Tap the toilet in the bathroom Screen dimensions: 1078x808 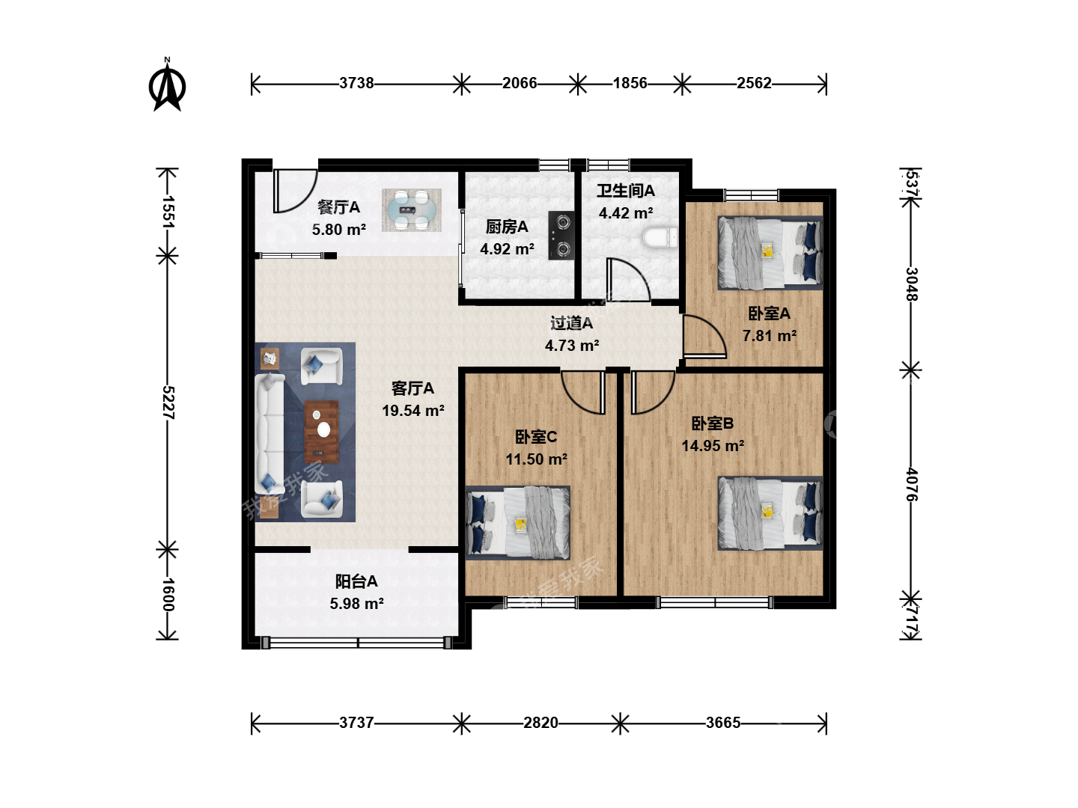click(660, 238)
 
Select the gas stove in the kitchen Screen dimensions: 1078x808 click(561, 236)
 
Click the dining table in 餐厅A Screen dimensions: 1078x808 click(412, 210)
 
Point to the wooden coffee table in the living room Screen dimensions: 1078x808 click(322, 432)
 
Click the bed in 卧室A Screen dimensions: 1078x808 click(770, 253)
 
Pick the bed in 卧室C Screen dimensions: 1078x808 click(517, 522)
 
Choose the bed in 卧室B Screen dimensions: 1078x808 click(770, 512)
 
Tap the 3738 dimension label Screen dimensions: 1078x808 click(356, 83)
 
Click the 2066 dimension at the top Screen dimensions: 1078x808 click(520, 83)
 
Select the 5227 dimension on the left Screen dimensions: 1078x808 click(168, 403)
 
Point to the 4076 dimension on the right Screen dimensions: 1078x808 click(912, 484)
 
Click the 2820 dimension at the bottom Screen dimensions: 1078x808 click(540, 723)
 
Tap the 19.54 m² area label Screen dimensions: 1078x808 click(413, 411)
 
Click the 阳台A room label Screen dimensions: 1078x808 click(356, 581)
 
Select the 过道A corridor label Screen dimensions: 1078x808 click(572, 323)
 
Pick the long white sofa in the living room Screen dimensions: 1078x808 click(269, 434)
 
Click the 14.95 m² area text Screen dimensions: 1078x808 click(713, 446)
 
